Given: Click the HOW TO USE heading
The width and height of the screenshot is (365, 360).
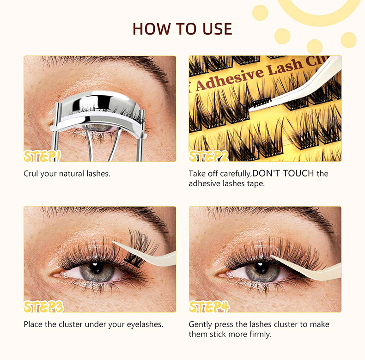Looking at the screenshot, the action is tap(182, 29).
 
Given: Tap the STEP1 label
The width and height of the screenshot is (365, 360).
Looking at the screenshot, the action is tap(42, 156).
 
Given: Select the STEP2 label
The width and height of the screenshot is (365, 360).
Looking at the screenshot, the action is tap(208, 156).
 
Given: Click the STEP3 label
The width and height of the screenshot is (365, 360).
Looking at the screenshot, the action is tap(44, 307).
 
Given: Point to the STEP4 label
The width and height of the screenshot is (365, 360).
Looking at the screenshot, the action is tap(209, 307).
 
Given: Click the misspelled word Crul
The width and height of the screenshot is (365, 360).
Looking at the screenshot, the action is tap(31, 174).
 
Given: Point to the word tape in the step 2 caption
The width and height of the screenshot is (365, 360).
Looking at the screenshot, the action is tap(257, 184).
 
